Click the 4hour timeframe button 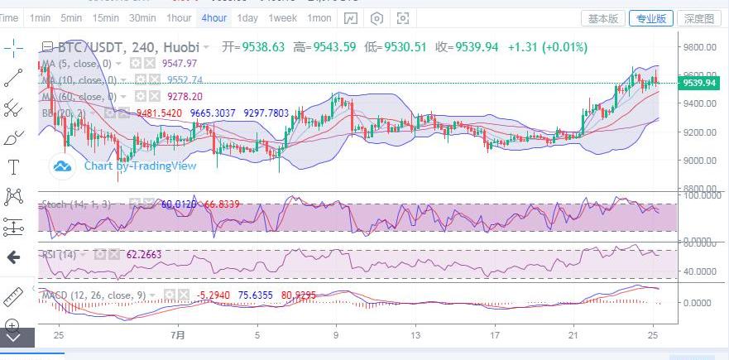[213, 18]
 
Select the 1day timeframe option [247, 18]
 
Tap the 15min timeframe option [105, 18]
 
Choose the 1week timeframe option [282, 18]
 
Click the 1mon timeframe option [319, 18]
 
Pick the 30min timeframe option [142, 18]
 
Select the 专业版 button [650, 18]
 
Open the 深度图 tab [699, 18]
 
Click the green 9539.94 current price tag [698, 83]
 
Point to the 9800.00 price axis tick [699, 48]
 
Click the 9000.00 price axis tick [699, 161]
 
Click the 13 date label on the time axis [416, 336]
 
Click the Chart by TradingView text [140, 166]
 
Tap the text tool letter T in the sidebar [12, 167]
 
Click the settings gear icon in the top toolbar [377, 18]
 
